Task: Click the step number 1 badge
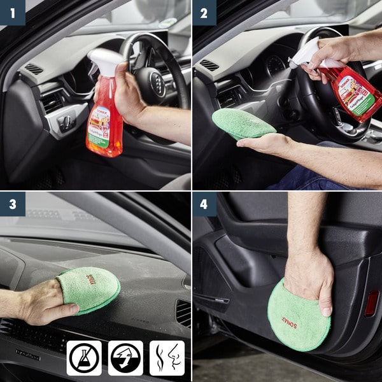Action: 12,12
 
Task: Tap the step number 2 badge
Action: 204,12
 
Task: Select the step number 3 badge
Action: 12,204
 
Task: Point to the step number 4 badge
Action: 204,204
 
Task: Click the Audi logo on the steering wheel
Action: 158,83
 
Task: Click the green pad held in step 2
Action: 243,123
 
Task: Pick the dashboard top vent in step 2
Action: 209,65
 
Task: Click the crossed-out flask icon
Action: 84,358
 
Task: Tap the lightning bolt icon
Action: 125,358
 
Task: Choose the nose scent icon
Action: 167,358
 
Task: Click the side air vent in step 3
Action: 183,313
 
